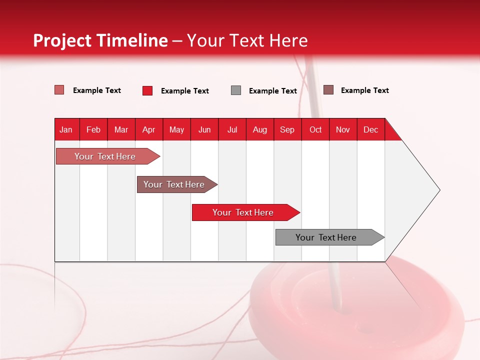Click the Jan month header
pos(66,129)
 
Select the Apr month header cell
pos(149,129)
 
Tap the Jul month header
pos(232,129)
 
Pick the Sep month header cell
pos(287,129)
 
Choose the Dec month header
pos(370,129)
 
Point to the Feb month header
pos(93,129)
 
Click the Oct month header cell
pos(315,129)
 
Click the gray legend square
pos(236,90)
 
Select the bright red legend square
pos(147,90)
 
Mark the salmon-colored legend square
pos(59,90)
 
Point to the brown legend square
pos(328,90)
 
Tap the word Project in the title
pos(56,40)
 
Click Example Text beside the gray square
pos(273,91)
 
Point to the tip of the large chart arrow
pos(439,190)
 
